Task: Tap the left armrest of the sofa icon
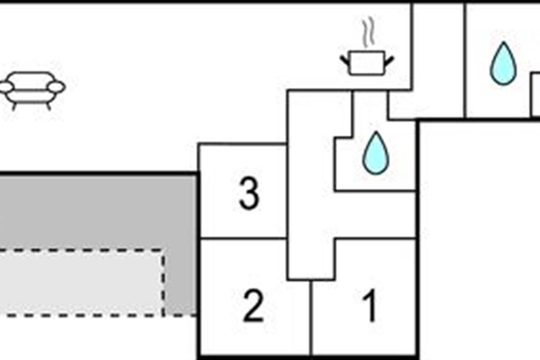[6, 87]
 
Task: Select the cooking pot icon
[367, 63]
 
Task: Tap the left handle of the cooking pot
[345, 60]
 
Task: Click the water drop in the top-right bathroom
[503, 64]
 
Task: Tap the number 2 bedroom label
[253, 306]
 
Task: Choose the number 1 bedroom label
[370, 306]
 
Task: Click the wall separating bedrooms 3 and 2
[243, 238]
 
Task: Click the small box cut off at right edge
[535, 94]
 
